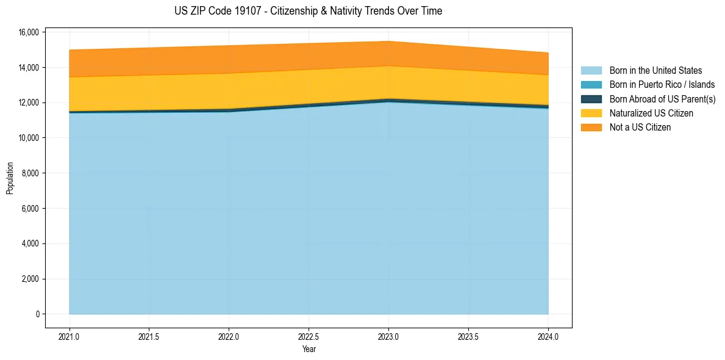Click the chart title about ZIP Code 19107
[308, 11]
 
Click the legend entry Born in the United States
[655, 71]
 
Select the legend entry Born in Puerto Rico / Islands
[662, 85]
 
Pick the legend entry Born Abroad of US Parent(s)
[662, 99]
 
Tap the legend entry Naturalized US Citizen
[651, 113]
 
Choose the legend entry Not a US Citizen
[640, 127]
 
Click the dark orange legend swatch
[591, 127]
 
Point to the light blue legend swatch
[591, 71]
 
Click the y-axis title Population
[10, 178]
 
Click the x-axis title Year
[309, 349]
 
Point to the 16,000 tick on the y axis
[29, 32]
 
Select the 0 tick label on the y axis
[37, 314]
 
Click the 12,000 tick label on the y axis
[29, 103]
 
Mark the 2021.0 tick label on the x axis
[70, 336]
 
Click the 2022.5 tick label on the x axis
[309, 336]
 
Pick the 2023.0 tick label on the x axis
[388, 336]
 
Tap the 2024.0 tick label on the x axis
[548, 336]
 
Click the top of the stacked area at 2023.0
[388, 41]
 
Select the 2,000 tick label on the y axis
[30, 279]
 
